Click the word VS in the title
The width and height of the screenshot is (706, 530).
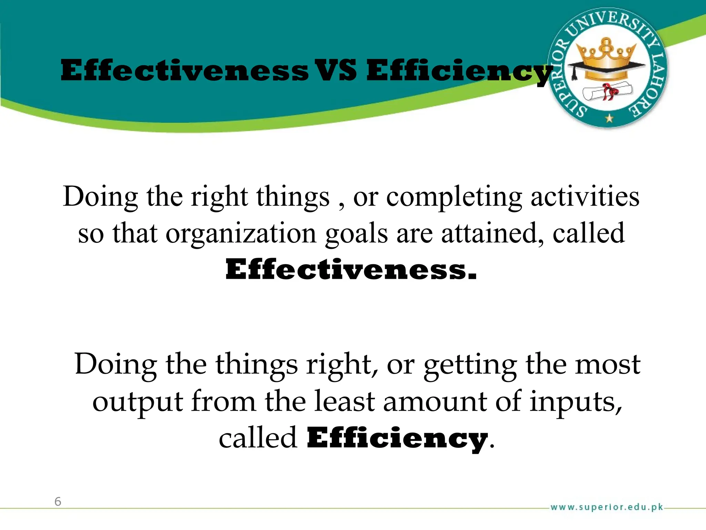tap(337, 70)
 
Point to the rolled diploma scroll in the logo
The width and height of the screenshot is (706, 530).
tap(607, 91)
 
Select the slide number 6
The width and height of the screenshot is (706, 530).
tap(58, 501)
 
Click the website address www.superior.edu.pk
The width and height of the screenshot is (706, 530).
tap(607, 507)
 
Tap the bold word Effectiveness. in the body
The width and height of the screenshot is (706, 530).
tap(351, 269)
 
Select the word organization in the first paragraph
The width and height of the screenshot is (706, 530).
tap(241, 234)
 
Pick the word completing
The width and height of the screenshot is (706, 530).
tap(454, 197)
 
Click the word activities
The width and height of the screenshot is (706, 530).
tap(585, 196)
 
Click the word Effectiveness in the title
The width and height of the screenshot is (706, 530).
tap(185, 70)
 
